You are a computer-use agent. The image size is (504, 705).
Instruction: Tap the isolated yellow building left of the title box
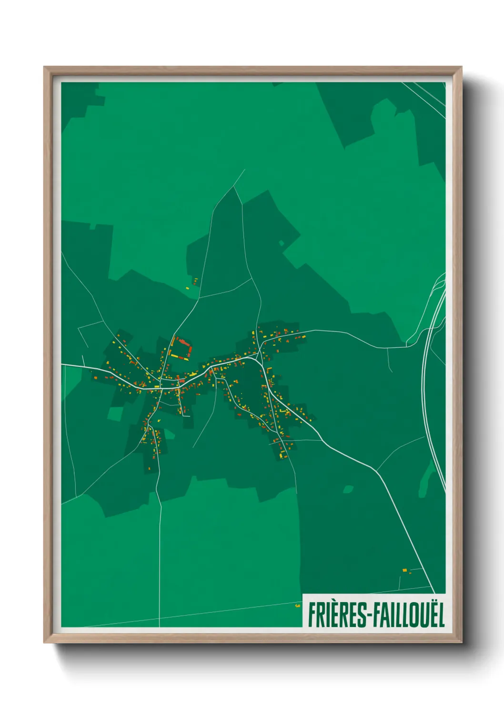[298, 605]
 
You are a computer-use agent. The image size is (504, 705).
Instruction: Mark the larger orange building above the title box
[404, 570]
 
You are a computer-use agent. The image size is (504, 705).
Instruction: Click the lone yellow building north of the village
[187, 288]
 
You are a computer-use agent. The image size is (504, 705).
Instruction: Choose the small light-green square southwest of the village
[114, 413]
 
